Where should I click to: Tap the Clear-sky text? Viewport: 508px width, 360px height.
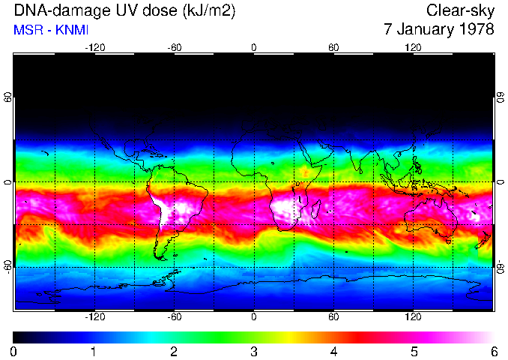point(461,11)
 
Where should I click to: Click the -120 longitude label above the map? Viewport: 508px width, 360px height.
point(95,47)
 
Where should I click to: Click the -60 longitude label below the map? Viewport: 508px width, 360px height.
point(175,317)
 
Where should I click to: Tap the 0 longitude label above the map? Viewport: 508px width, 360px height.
point(254,47)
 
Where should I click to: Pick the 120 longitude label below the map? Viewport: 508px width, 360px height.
point(413,317)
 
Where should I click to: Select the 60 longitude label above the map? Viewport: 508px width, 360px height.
point(333,47)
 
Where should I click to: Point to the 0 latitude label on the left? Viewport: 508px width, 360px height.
point(9,182)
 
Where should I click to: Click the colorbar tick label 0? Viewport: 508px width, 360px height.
point(14,351)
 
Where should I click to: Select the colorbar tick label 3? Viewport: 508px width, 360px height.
point(254,351)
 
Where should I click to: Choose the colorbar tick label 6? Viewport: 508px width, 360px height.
point(493,351)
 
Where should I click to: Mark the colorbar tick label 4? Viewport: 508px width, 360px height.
point(333,351)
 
